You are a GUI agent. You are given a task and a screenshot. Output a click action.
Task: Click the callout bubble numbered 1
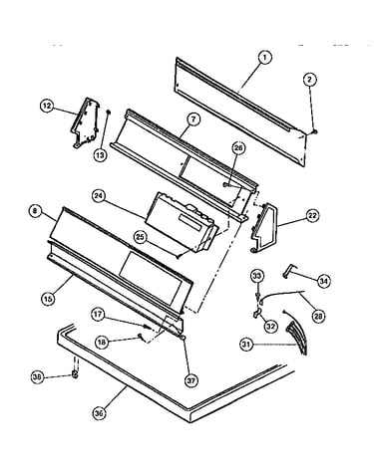265,58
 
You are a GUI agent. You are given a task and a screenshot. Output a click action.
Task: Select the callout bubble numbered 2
310,80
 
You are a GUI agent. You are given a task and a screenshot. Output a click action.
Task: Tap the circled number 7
193,119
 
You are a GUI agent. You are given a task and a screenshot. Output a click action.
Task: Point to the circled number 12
47,106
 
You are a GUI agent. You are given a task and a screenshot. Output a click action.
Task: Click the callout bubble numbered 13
100,154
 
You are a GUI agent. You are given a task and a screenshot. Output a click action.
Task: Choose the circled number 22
312,216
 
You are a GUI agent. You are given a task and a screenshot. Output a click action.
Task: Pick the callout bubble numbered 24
99,196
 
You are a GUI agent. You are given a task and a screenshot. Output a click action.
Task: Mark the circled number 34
323,281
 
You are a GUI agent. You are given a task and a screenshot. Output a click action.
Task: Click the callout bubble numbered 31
247,345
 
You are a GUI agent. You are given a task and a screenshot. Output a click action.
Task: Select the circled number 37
190,380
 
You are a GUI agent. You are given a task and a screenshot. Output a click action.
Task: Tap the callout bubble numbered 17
98,315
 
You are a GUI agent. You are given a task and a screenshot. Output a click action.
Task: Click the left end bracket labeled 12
85,122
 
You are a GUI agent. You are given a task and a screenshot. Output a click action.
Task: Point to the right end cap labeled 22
263,228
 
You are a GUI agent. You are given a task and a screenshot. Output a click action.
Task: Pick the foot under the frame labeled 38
76,375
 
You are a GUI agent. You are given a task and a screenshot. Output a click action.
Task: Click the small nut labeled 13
109,113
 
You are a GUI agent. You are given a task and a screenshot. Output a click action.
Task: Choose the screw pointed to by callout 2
314,132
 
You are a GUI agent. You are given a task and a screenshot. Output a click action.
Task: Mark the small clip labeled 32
257,313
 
